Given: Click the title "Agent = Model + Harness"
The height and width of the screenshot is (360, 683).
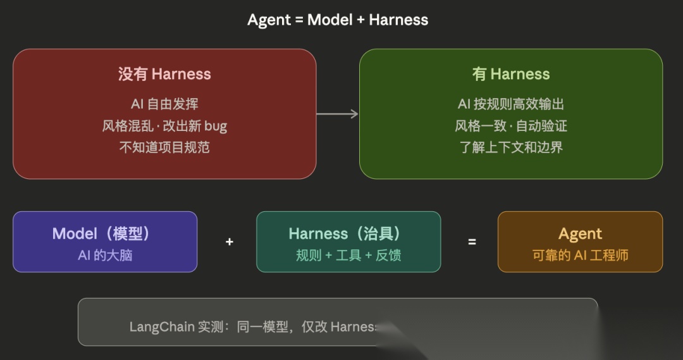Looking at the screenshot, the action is coord(338,20).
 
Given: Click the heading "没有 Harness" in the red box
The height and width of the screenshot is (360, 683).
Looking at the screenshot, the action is coord(164,74).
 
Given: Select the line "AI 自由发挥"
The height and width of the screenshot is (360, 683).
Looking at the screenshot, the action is coord(164,104).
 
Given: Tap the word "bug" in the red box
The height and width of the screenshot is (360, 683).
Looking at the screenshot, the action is coord(216,126).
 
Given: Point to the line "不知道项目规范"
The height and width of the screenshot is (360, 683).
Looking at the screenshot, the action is coord(164,147).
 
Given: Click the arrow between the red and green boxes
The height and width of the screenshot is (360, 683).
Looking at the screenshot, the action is coord(337,114).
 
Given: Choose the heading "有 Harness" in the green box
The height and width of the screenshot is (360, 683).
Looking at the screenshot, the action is coord(511,74).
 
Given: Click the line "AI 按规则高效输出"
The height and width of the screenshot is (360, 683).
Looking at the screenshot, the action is coord(511,104).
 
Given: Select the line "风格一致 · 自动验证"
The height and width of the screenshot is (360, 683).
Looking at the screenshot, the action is coord(511,126).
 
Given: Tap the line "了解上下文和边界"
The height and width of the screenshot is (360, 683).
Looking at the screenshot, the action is coord(511,147).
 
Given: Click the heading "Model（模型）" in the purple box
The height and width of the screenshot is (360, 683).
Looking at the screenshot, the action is coord(104,233).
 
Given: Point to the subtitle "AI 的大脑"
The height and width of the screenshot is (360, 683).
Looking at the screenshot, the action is coord(104,256).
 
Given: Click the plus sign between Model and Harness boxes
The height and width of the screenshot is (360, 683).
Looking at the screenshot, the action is coord(229,242).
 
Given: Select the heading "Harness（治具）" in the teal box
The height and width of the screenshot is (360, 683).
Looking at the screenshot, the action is coord(348,233).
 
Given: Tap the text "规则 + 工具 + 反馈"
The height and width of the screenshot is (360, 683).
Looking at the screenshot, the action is coord(348,256).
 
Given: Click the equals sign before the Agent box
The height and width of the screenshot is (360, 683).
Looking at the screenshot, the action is coord(472,242).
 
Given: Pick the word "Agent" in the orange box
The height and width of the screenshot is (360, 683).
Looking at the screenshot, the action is coord(580,233).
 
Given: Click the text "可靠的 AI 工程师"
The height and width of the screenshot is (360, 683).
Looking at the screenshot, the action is coord(580,256).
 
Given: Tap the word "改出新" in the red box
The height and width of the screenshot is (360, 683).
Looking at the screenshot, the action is coord(178,126).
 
